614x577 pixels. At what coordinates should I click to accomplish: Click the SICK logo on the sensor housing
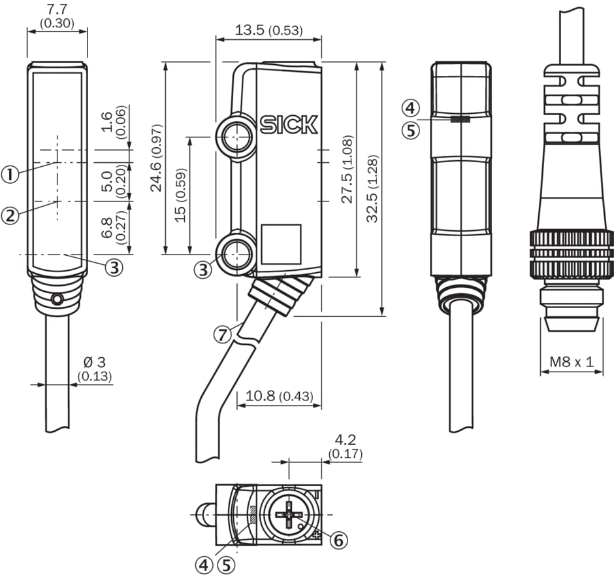(x=289, y=125)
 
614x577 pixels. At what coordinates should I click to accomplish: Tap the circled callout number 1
(x=10, y=174)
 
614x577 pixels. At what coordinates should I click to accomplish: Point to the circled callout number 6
(x=339, y=540)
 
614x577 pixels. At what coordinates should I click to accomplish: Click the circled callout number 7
(x=223, y=334)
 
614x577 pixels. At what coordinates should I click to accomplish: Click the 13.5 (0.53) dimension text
(x=268, y=30)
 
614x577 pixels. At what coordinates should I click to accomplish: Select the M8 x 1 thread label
(x=571, y=361)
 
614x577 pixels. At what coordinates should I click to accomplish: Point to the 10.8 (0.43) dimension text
(x=279, y=396)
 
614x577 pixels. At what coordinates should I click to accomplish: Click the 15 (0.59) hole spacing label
(x=181, y=196)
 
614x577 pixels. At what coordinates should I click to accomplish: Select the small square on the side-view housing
(x=281, y=244)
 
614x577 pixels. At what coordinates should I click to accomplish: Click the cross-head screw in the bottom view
(x=287, y=515)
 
